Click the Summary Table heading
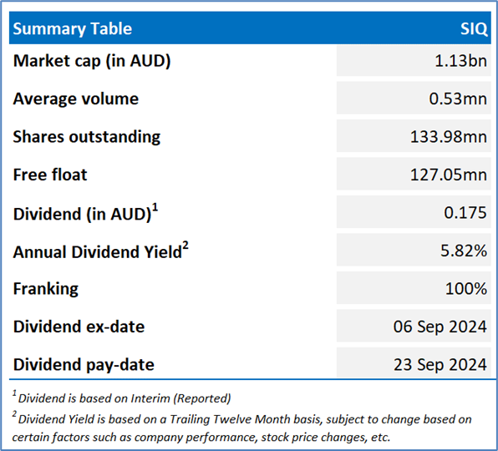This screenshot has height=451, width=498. coord(73,29)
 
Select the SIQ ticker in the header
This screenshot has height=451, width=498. coord(474,29)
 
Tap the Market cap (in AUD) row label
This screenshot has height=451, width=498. coord(92,61)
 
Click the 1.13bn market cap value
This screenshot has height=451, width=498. coord(460,60)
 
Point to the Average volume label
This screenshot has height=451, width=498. coord(76,99)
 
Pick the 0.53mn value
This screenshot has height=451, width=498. coord(458,99)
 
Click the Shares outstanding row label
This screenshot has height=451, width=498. coord(87,137)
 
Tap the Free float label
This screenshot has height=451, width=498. coord(50,175)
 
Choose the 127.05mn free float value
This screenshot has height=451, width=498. coord(449,175)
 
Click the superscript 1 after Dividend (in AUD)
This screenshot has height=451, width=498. coord(155,208)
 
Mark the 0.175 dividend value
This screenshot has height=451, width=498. coord(465,212)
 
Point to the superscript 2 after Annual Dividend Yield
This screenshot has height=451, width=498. coord(185,246)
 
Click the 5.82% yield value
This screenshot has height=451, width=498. coord(464,251)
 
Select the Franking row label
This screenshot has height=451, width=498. coord(46,289)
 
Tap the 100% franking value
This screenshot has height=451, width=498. coord(466,288)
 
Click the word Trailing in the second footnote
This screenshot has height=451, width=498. coord(190,419)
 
